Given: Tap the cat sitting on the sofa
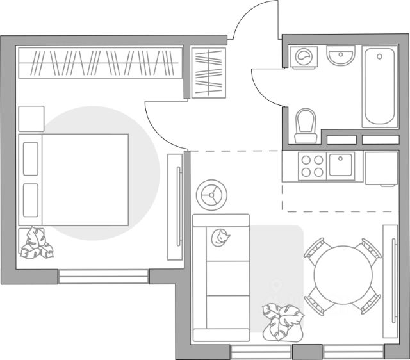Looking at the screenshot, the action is [221, 239].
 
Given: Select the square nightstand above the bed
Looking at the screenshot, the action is [31, 119].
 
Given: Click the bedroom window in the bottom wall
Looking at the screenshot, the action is [103, 277].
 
